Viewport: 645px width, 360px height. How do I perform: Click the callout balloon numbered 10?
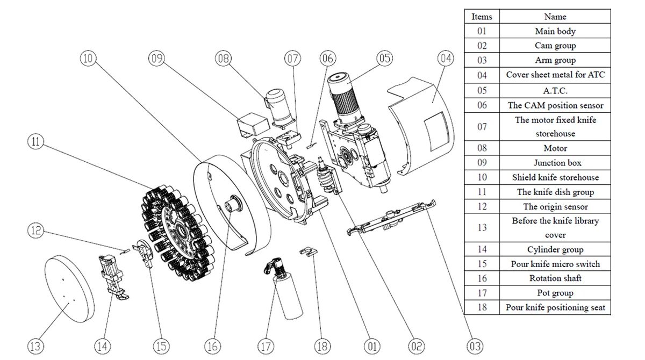coord(89,58)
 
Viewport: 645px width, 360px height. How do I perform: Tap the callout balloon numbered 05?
coord(384,58)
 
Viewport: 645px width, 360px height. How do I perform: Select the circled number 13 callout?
coord(35,346)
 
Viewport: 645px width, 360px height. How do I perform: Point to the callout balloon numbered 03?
coord(475,346)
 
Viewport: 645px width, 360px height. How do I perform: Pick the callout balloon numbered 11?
coord(35,142)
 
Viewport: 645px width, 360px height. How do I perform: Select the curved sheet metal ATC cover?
coord(425,124)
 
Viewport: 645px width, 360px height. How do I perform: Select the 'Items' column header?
coord(482,17)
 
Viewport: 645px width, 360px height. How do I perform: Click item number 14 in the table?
coord(482,249)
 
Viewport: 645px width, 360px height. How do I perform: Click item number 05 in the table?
coord(482,90)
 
